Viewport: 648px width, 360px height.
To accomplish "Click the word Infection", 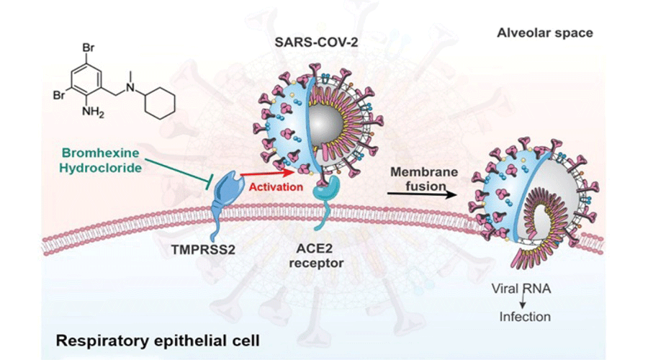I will [526, 316].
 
